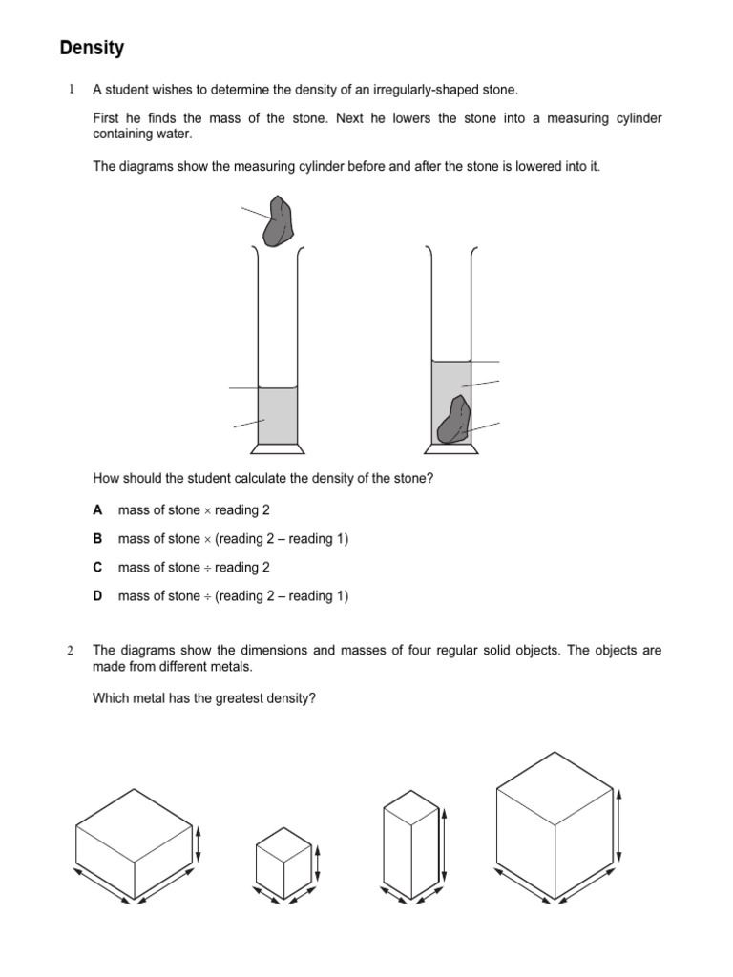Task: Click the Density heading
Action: coord(93,47)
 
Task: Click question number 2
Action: coord(71,651)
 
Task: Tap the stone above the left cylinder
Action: coord(280,221)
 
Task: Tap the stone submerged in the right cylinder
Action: coord(454,421)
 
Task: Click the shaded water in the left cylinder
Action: coord(278,416)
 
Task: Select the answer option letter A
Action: coord(97,510)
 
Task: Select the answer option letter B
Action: coord(97,539)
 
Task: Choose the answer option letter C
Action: coord(97,568)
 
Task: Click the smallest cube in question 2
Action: coord(283,857)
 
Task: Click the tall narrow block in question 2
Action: coord(410,843)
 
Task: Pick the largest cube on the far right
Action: coord(554,825)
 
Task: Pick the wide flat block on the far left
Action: coord(134,840)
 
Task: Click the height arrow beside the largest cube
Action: coord(621,824)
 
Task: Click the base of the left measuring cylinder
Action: coord(278,448)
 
